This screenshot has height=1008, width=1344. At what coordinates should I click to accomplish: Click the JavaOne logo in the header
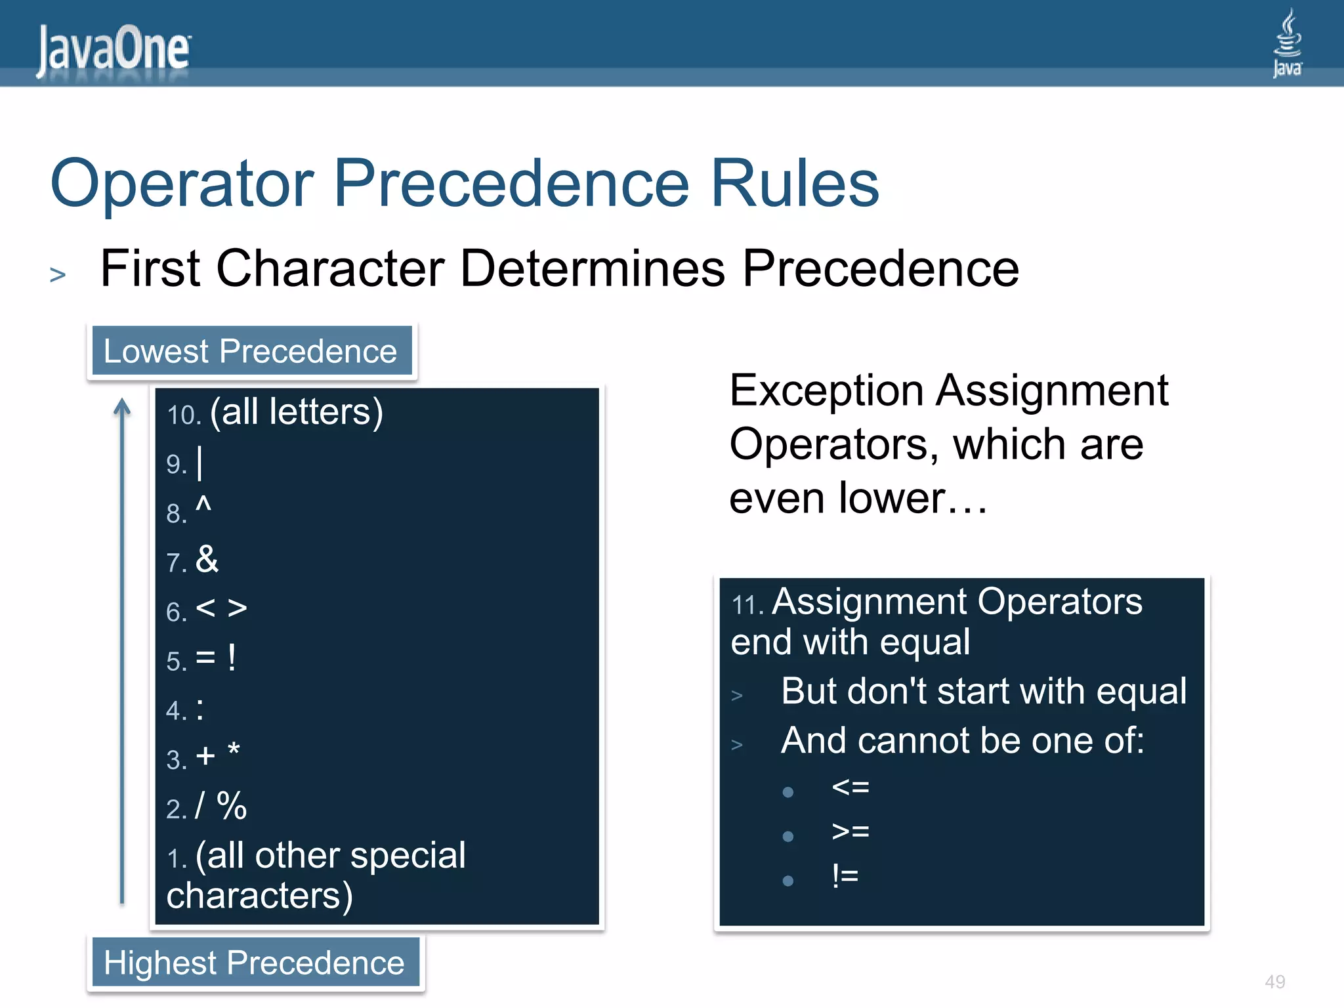pos(113,50)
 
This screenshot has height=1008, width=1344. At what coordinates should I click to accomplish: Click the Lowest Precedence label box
pos(251,351)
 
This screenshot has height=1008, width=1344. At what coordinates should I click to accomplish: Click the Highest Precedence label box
pos(255,963)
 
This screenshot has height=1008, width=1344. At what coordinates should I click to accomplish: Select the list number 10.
pos(183,415)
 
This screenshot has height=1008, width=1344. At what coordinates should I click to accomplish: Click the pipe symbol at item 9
pos(199,463)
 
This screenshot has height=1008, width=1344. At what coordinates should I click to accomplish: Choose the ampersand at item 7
pos(207,560)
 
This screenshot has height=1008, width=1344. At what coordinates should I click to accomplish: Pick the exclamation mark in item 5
pos(232,658)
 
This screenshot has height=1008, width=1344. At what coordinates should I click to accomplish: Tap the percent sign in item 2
pos(232,806)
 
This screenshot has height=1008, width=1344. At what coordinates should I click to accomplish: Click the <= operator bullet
pos(850,787)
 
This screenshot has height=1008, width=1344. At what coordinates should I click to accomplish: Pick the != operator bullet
pos(845,875)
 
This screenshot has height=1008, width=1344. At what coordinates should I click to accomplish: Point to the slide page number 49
pos(1274,982)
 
